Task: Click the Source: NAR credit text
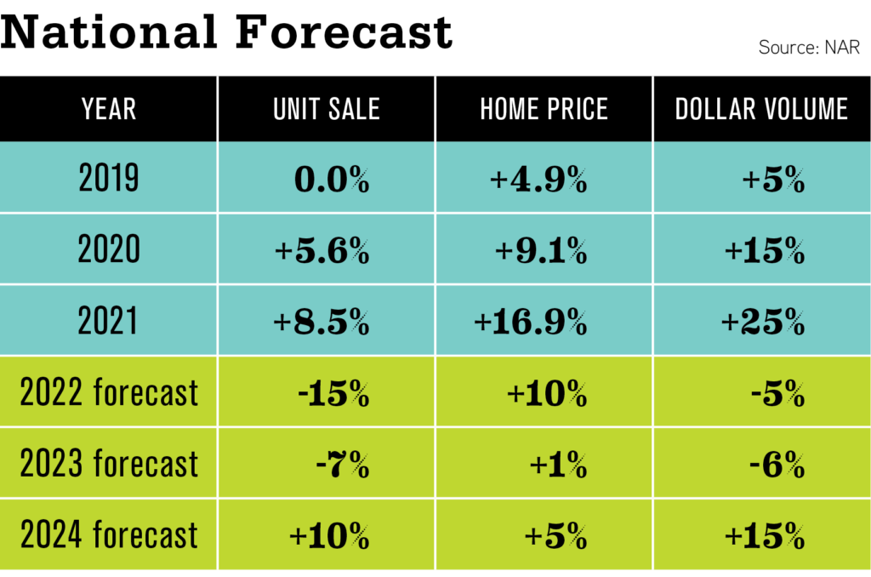[809, 48]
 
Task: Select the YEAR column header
[109, 109]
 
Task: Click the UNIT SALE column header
[327, 109]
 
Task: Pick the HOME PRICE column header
[544, 109]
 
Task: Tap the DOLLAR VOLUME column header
[762, 109]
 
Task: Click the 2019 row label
[109, 179]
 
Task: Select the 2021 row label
[109, 322]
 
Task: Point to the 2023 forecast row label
[109, 465]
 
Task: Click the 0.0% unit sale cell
[332, 180]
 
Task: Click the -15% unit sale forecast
[333, 394]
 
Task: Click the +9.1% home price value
[541, 251]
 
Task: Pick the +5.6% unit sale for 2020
[322, 251]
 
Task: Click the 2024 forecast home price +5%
[555, 537]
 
